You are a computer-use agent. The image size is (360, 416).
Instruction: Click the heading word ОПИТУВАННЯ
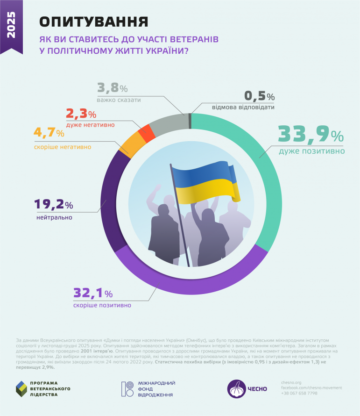coord(93,22)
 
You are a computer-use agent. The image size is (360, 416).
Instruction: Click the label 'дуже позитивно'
coord(311,151)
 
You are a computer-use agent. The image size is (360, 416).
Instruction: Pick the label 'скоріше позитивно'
coord(102,305)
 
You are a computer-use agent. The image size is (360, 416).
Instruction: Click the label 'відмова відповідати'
coord(243,107)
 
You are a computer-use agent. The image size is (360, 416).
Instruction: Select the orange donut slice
coord(134,144)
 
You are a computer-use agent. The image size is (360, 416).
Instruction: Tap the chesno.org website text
coord(292,382)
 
